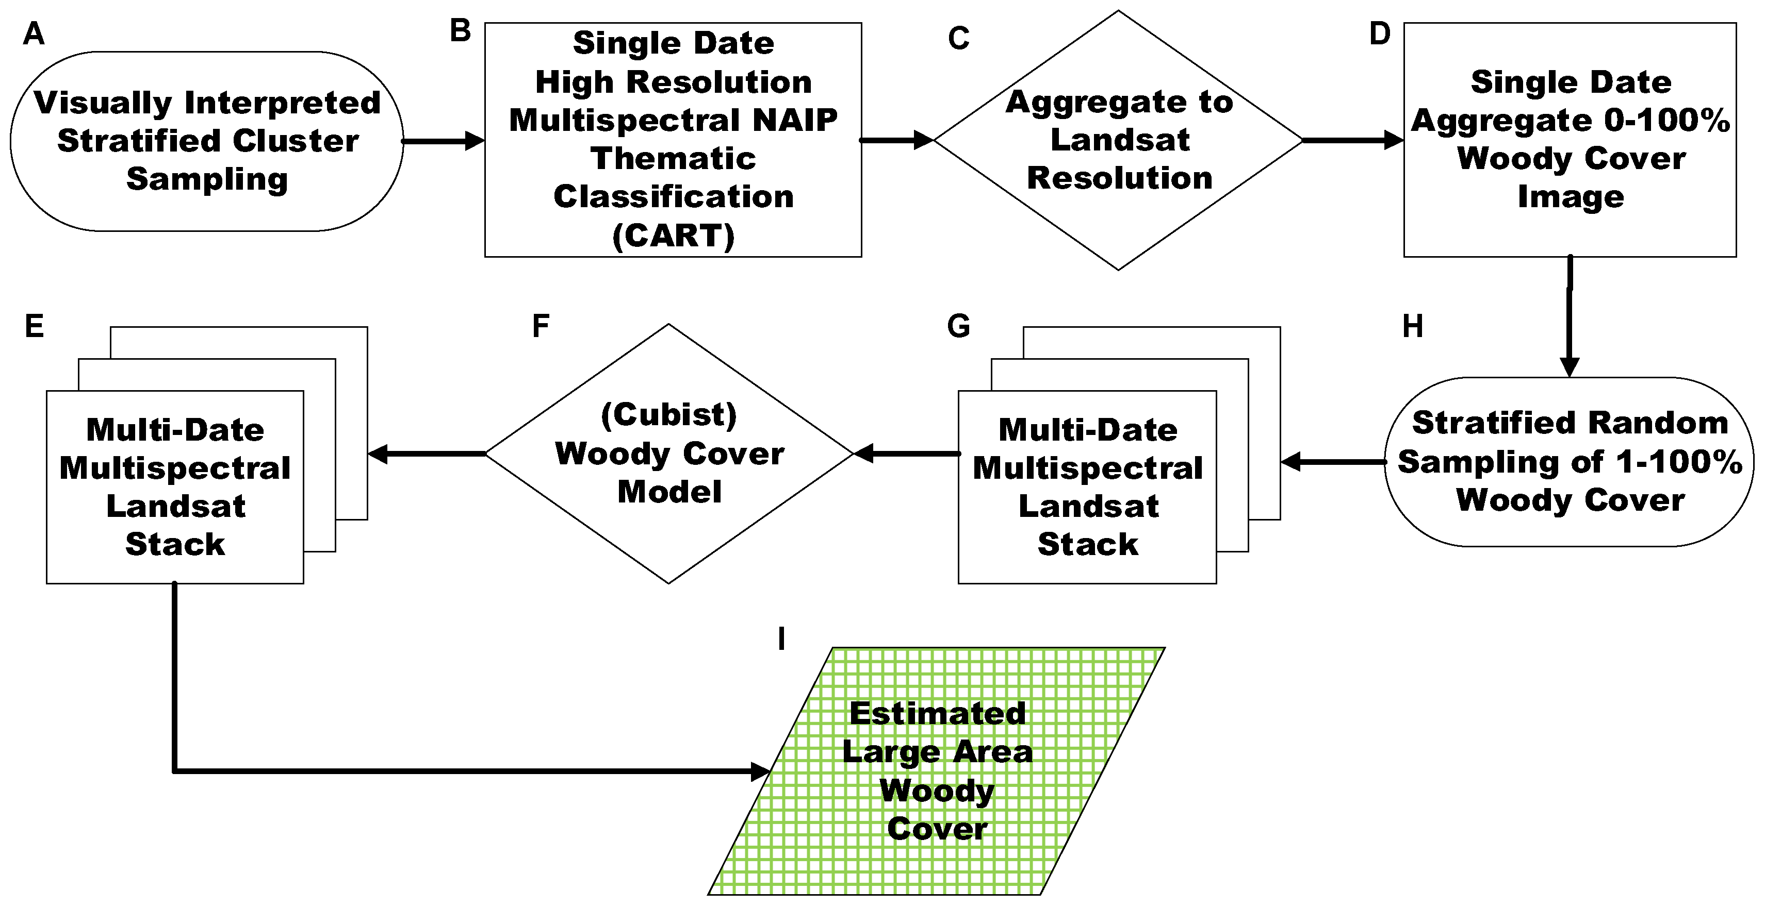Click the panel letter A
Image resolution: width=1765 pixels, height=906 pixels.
(34, 33)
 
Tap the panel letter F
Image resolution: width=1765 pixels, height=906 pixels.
(541, 326)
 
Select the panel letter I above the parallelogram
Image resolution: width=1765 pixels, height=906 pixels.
(781, 639)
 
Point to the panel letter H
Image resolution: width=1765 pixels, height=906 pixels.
(1412, 327)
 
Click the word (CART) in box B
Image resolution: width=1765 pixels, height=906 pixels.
(673, 236)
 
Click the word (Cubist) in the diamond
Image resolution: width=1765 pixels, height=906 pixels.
(669, 414)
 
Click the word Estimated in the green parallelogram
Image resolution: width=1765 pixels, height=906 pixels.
(937, 714)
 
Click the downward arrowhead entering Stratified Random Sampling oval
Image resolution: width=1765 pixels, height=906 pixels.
(1569, 366)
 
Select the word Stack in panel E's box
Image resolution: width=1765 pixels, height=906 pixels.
(175, 544)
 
